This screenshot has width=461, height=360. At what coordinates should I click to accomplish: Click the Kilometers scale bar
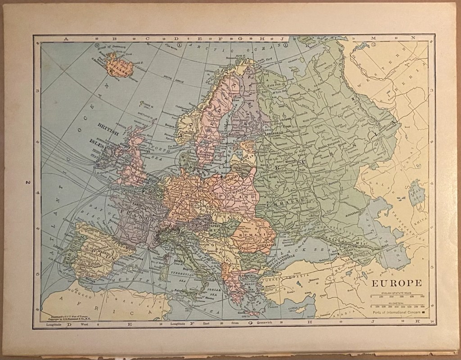pos(396,305)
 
